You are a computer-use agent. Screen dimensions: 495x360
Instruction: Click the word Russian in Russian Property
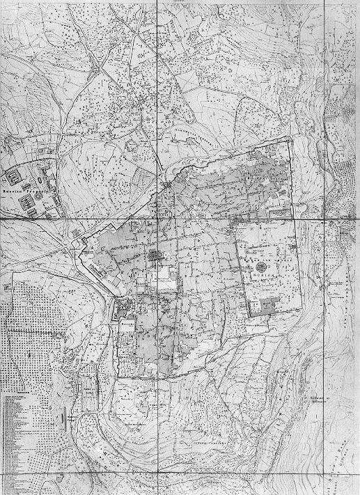tap(15, 190)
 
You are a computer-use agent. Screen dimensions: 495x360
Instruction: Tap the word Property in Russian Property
tap(39, 190)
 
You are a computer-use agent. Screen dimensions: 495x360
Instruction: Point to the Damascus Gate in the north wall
tap(170, 186)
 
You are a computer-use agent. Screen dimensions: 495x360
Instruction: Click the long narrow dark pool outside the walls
tap(90, 390)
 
